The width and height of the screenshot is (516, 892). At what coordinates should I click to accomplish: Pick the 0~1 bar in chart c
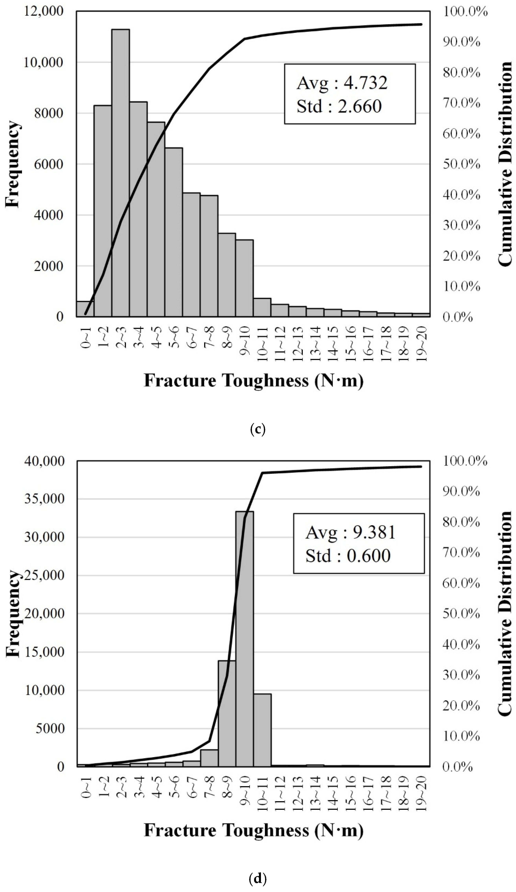click(x=85, y=309)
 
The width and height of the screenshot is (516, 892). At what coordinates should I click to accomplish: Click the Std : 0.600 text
click(x=348, y=556)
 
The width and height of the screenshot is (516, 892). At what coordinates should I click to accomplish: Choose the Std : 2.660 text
click(x=339, y=106)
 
